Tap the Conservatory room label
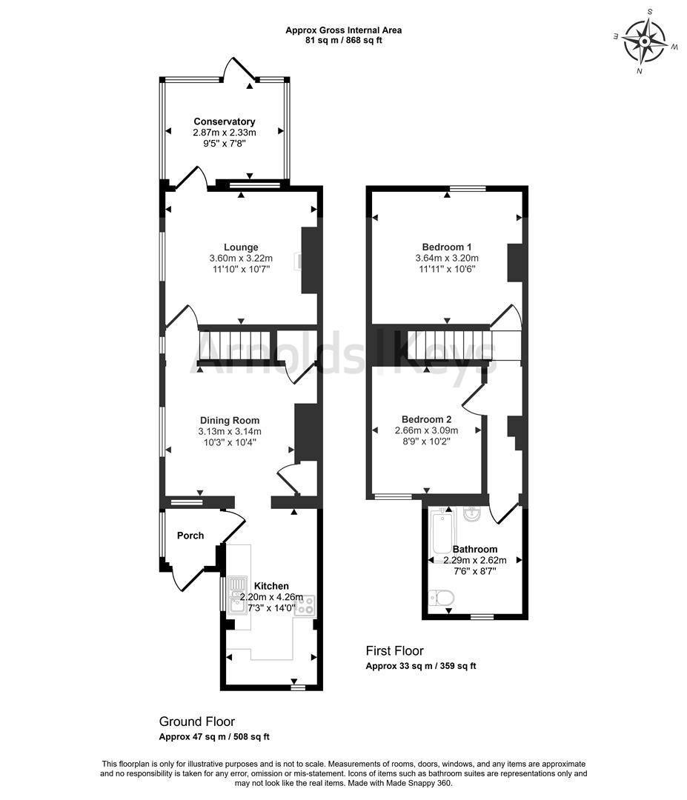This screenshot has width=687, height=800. (224, 121)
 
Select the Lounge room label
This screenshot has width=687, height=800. (241, 247)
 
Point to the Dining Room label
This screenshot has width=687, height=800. (229, 420)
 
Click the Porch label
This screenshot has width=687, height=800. (190, 536)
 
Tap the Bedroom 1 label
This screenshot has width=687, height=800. (447, 247)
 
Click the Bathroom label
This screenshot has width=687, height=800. (474, 550)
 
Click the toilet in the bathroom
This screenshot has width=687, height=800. (442, 597)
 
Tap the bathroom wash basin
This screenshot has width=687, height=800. (470, 515)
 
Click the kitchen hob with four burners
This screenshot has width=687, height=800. (305, 605)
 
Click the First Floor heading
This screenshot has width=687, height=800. (394, 650)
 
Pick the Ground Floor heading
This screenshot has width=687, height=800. (197, 721)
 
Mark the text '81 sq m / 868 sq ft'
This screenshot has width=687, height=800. (343, 40)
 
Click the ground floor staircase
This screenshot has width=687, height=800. (235, 345)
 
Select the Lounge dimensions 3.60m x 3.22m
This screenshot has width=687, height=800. (241, 259)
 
